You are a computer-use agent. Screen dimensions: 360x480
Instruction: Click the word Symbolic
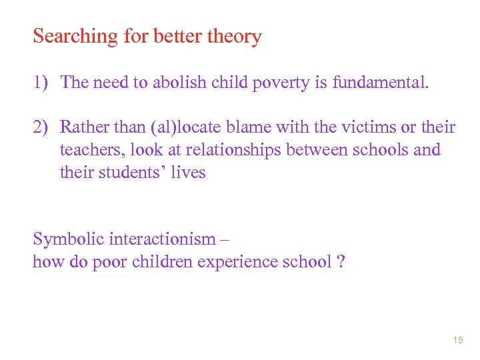pos(67,239)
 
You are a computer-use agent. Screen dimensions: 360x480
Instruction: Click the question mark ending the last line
pos(341,261)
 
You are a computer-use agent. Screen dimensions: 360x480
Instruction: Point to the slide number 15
pos(457,341)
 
